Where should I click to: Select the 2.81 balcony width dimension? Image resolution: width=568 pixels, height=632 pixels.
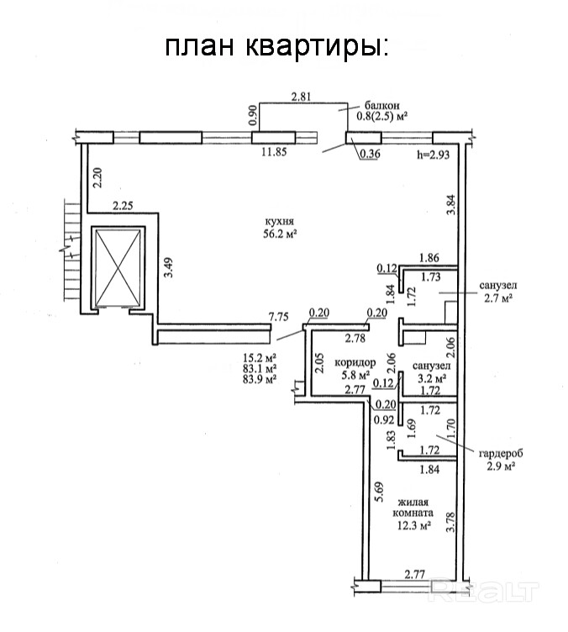(302, 97)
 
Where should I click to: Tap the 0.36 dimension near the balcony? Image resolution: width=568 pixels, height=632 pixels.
(370, 154)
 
